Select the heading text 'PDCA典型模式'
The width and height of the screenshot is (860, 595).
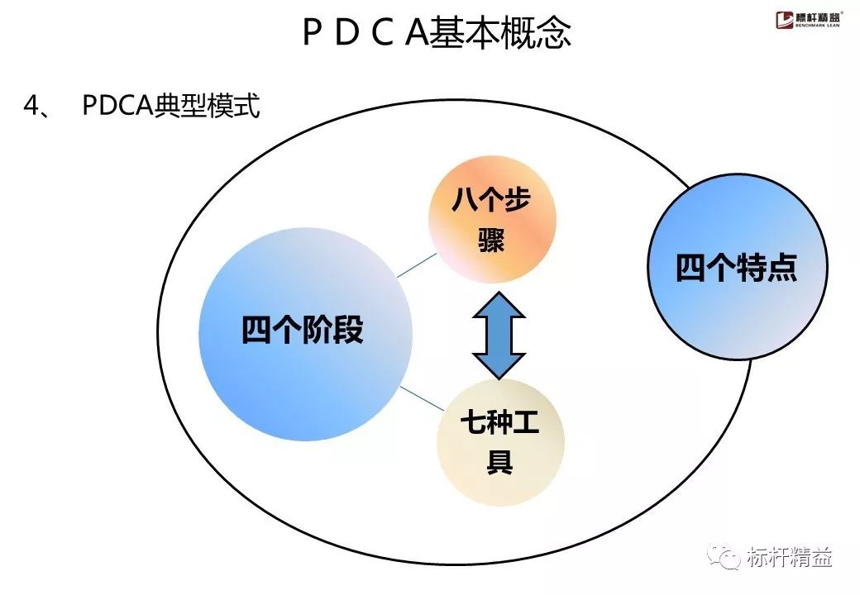click(x=171, y=107)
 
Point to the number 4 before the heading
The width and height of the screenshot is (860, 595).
click(x=31, y=107)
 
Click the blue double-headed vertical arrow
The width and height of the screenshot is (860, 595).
click(x=499, y=335)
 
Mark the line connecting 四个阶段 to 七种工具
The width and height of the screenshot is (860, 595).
click(x=422, y=398)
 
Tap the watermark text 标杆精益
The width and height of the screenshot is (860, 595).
click(x=789, y=557)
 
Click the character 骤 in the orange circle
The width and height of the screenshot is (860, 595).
click(x=491, y=242)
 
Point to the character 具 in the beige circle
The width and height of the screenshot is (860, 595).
click(x=499, y=462)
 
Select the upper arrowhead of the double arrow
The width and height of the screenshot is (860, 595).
click(x=499, y=306)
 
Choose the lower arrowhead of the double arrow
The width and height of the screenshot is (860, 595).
click(x=499, y=364)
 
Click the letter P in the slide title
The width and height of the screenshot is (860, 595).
click(x=312, y=34)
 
